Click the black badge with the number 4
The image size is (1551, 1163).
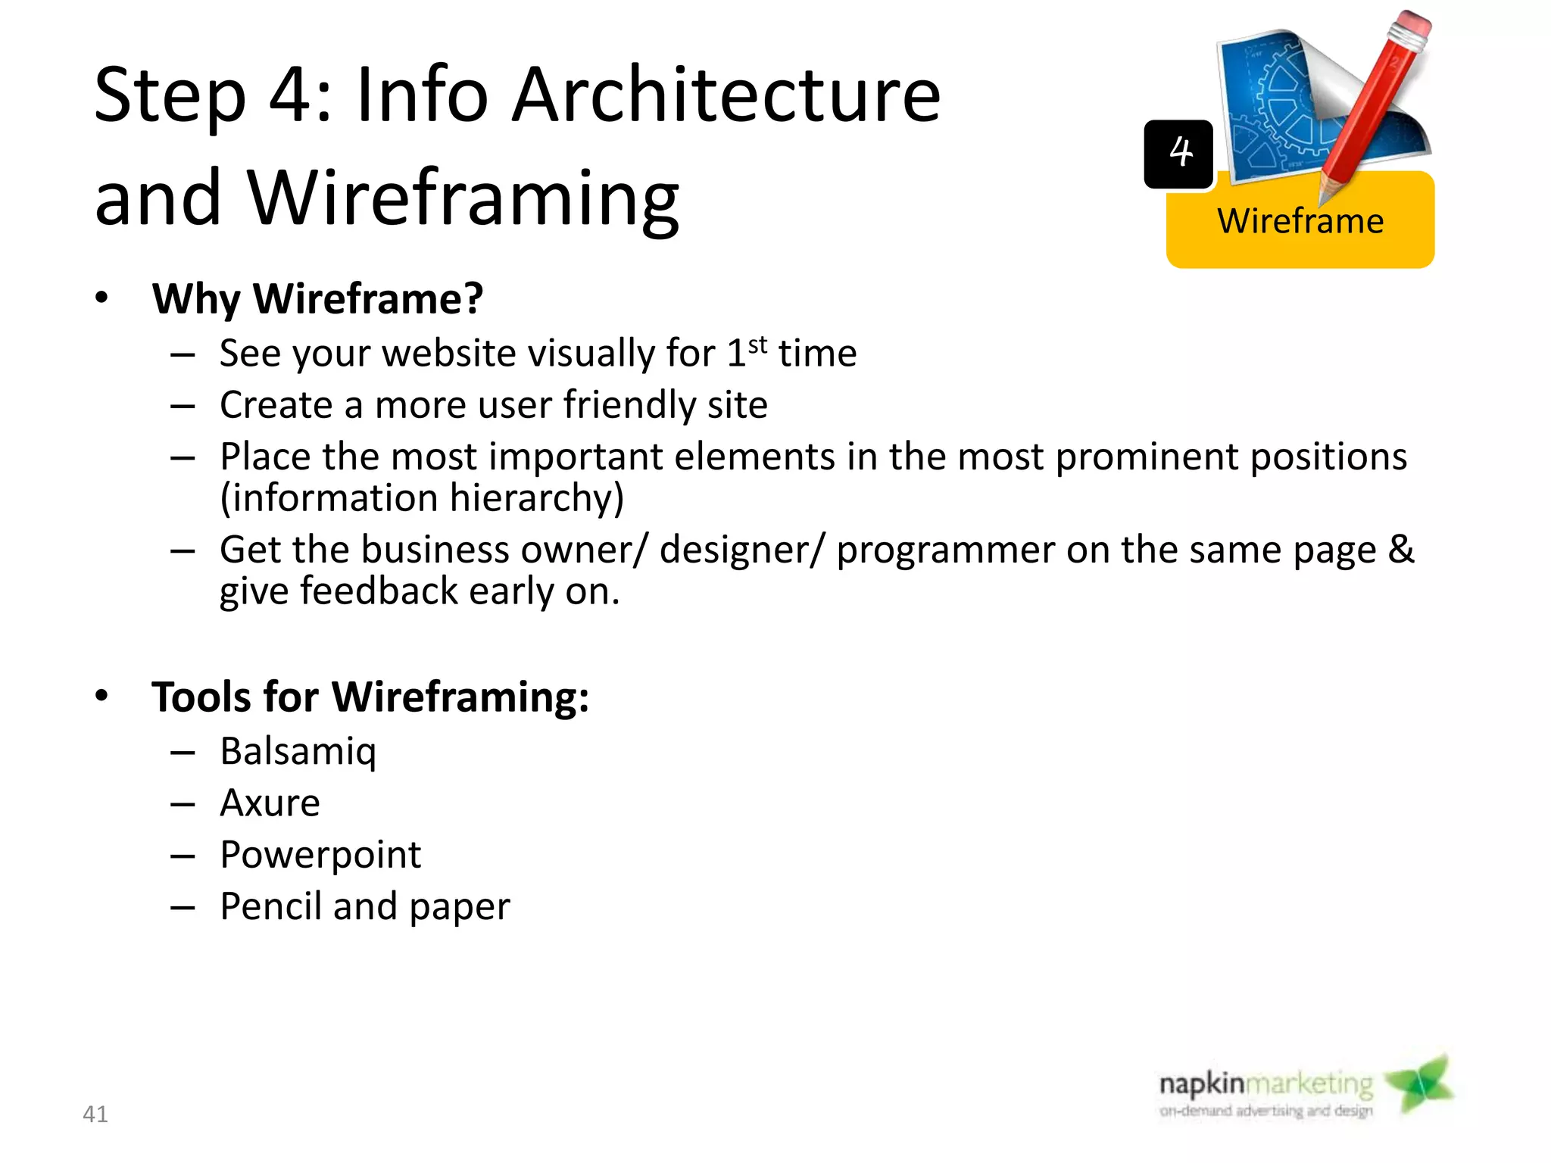coord(1178,154)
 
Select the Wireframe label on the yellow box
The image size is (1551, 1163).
coord(1300,221)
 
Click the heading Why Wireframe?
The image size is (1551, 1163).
coord(317,298)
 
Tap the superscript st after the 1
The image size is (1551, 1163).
coord(757,345)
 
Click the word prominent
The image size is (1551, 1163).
coord(1147,457)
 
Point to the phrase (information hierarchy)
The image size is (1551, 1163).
coord(422,498)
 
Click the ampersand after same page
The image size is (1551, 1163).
coord(1400,549)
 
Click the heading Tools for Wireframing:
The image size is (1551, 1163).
coord(370,697)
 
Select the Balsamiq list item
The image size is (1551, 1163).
coord(298,751)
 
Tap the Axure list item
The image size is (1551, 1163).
coord(270,803)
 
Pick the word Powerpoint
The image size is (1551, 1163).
coord(320,855)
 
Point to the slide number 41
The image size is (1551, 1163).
coord(95,1114)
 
